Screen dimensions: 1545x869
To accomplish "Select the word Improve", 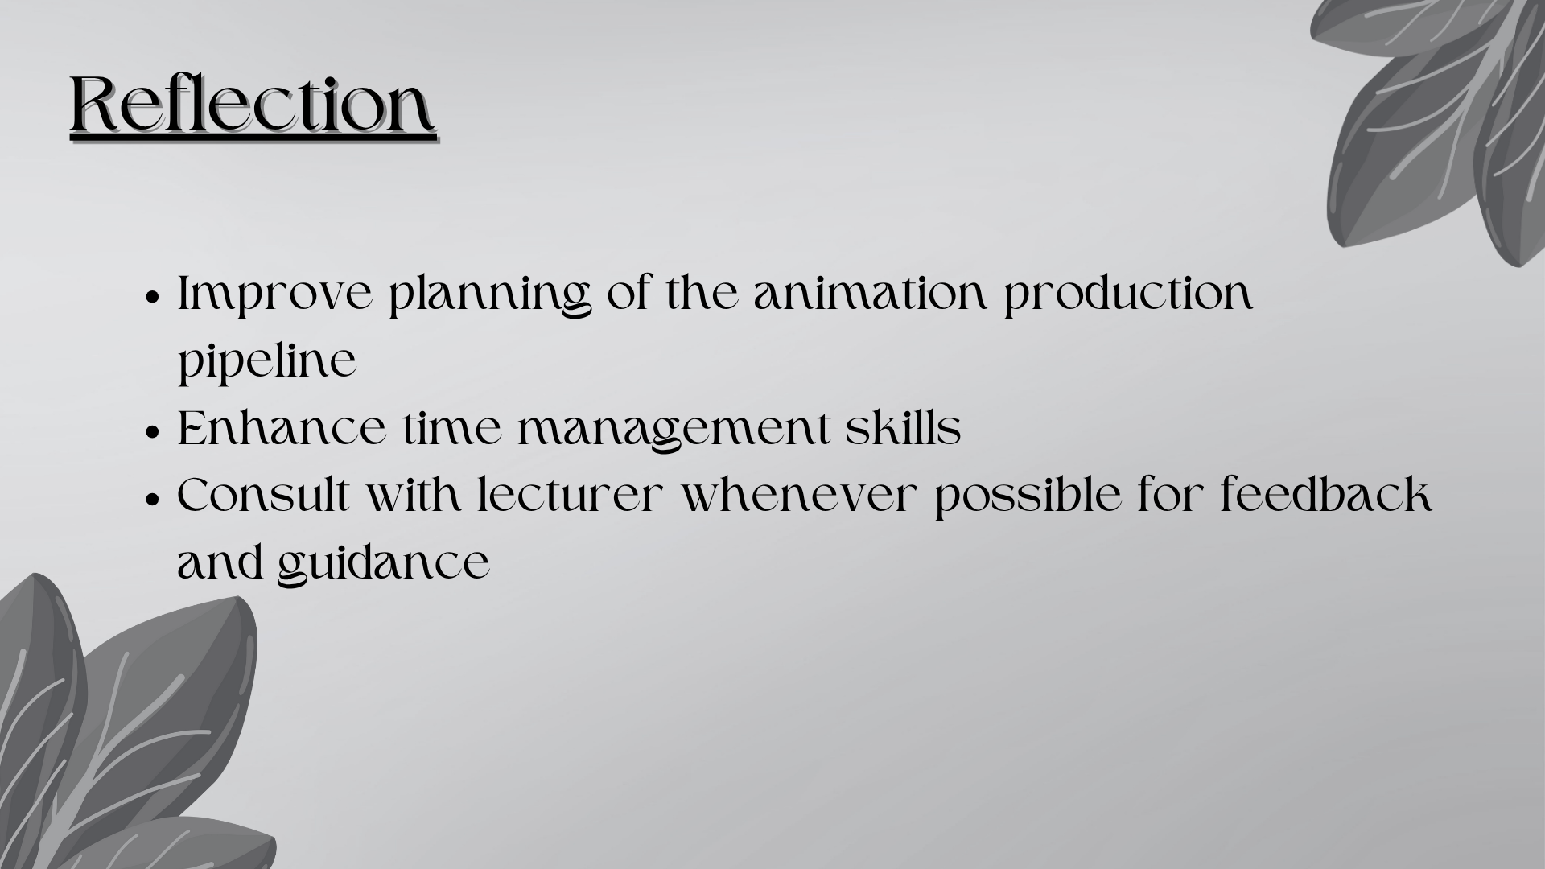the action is coord(275,296).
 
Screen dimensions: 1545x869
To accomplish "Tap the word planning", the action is coord(490,296).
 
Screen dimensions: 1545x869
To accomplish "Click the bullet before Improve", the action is coord(152,295).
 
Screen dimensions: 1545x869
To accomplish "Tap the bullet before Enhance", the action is coord(152,430).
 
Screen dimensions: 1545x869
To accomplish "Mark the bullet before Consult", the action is coord(152,497).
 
